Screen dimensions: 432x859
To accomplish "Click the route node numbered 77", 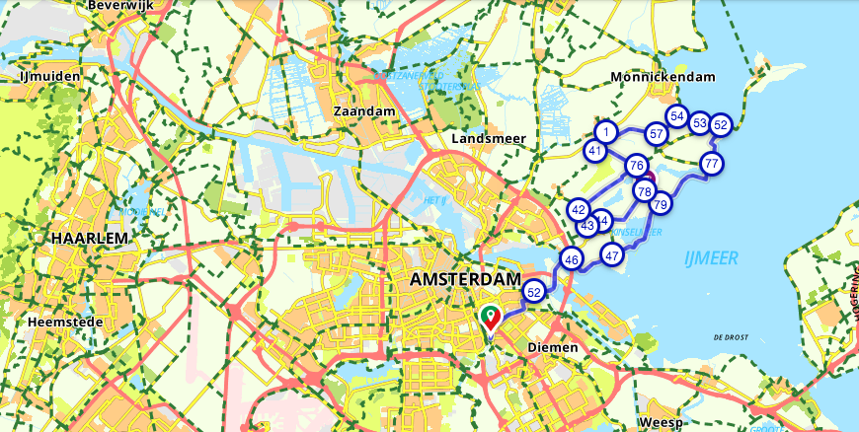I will click(712, 163).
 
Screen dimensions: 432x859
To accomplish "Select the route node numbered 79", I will click(661, 204).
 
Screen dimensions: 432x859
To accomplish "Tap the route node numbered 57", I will click(656, 133).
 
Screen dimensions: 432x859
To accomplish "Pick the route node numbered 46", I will click(571, 259).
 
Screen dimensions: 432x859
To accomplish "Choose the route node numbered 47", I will click(612, 255).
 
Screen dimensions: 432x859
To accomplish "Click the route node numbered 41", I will click(594, 151).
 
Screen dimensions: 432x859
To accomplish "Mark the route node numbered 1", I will click(606, 131).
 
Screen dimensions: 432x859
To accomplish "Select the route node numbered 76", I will click(636, 166).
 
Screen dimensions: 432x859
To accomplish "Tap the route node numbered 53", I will click(699, 123).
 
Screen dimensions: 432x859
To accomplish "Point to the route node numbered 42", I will click(579, 210).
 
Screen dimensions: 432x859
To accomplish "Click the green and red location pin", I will click(491, 318).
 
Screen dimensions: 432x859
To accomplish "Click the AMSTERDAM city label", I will click(464, 280).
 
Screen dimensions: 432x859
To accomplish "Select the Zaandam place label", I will click(365, 111).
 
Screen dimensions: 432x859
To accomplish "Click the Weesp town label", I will click(661, 422).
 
